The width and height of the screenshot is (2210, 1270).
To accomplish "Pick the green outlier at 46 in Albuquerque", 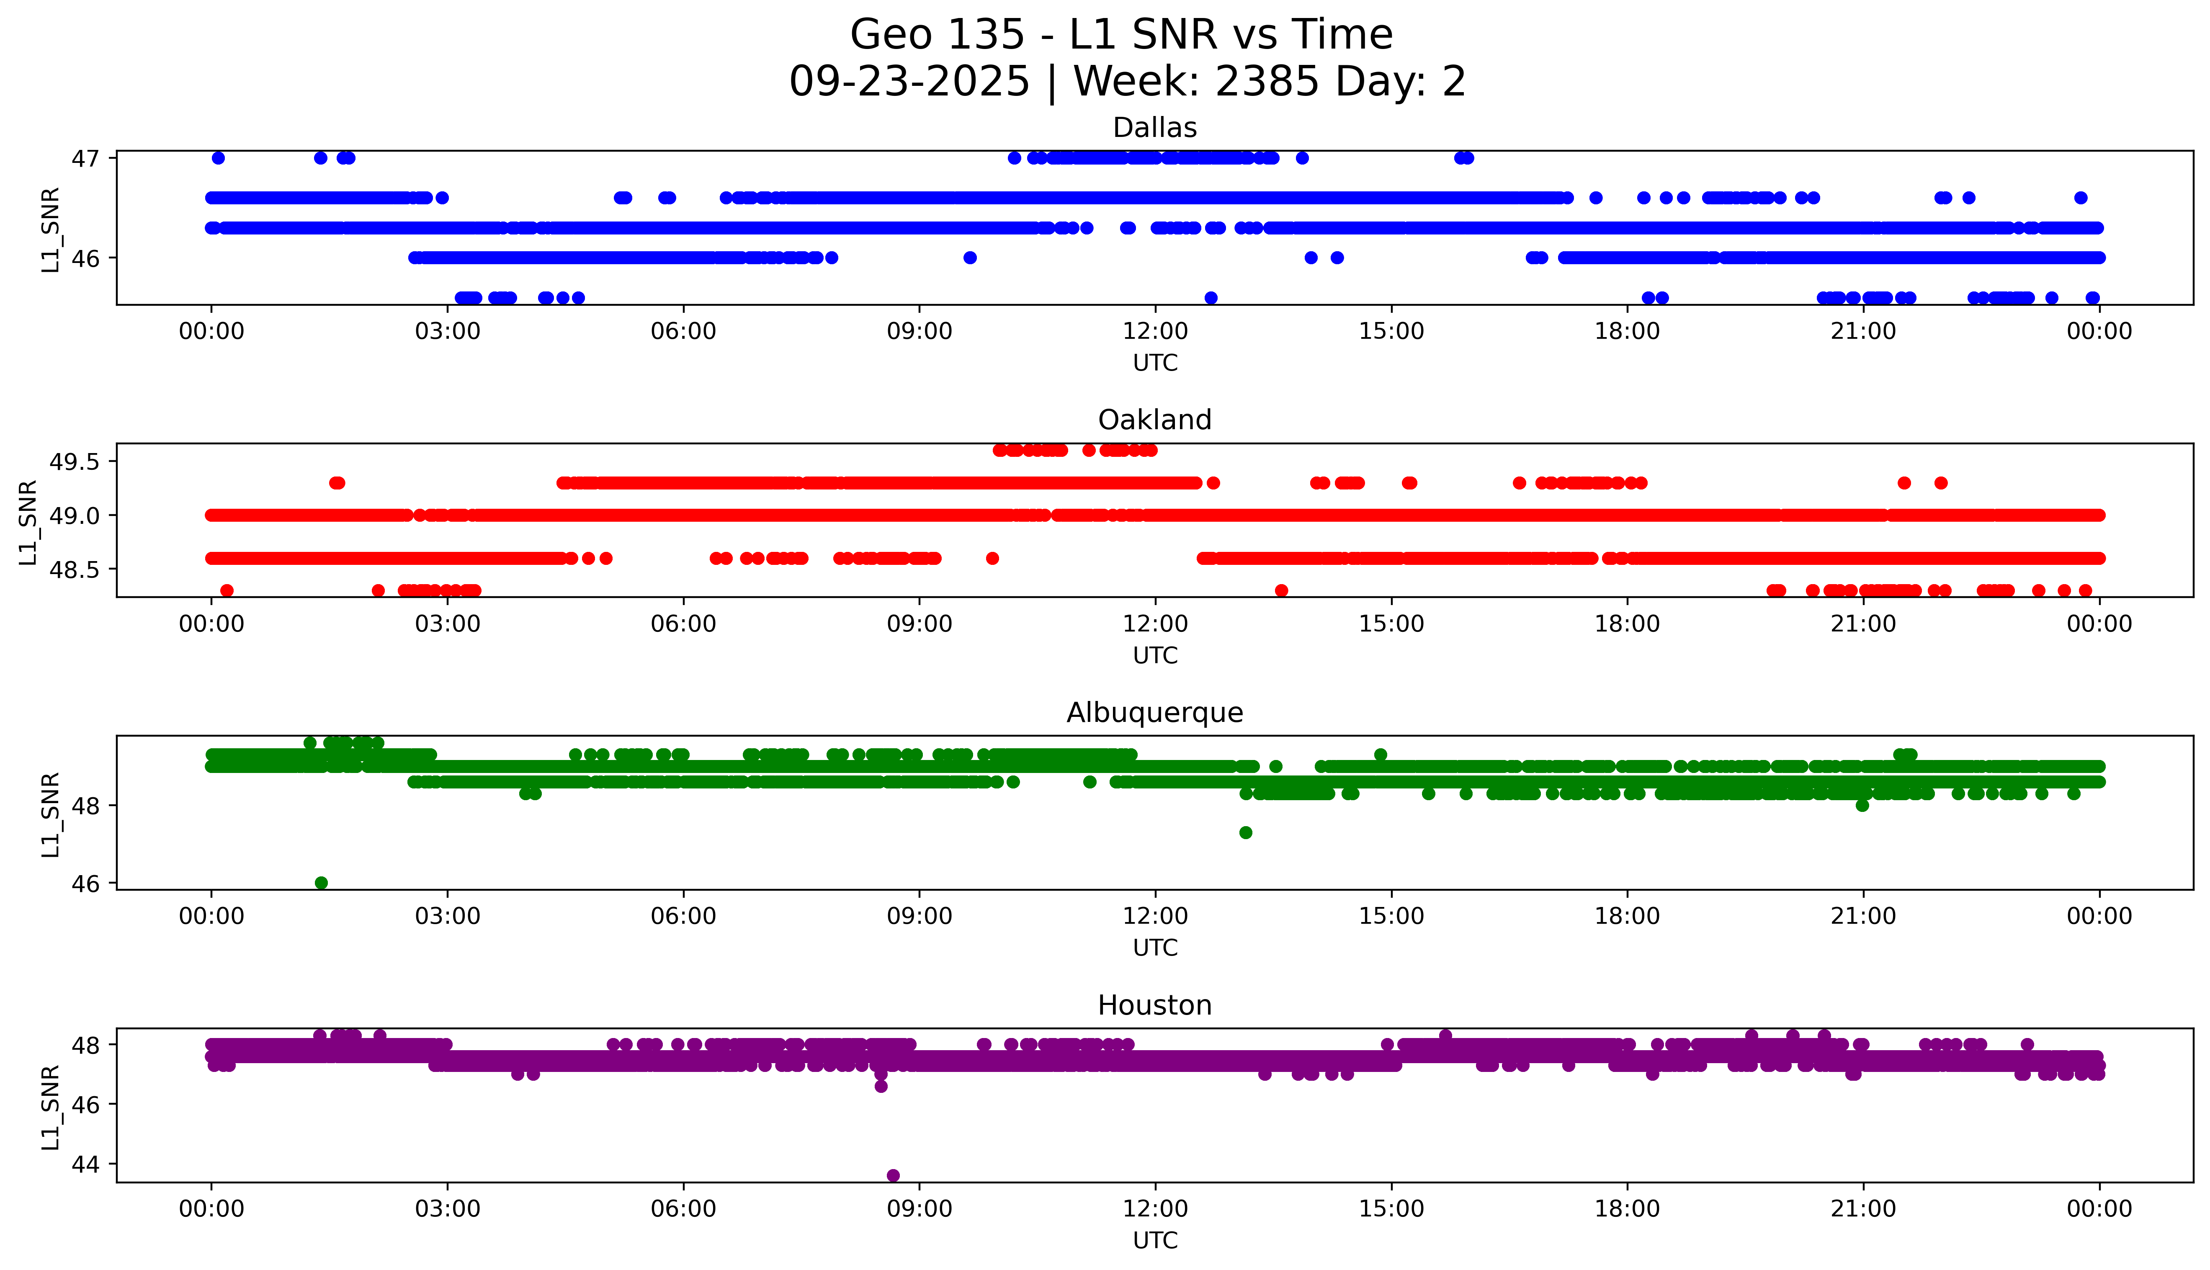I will [x=321, y=883].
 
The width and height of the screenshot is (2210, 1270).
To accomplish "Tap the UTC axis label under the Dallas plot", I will [x=1155, y=363].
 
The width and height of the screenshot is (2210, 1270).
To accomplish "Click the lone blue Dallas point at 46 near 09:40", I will [x=970, y=258].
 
